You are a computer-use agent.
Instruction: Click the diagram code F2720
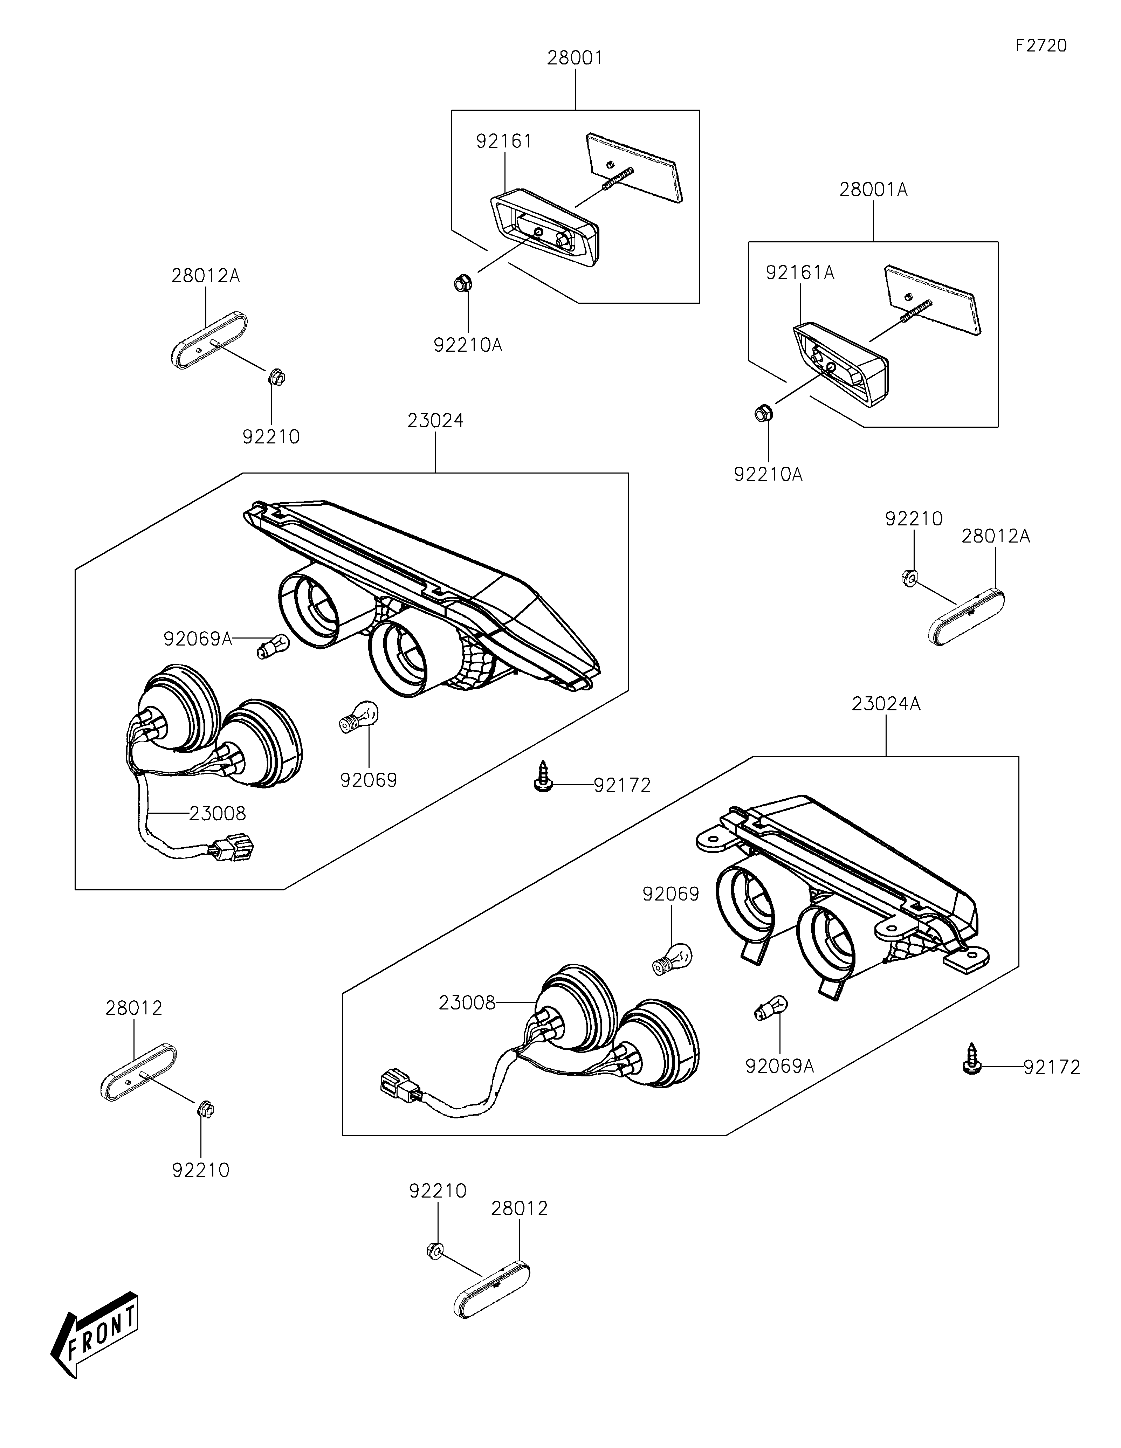pos(1041,46)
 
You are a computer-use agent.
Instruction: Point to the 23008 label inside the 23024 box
pos(218,814)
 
